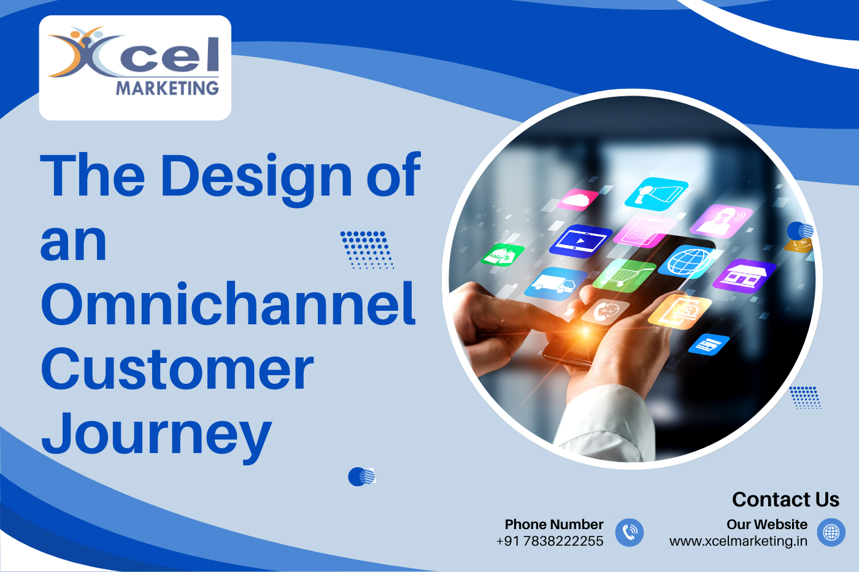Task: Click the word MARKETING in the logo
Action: (x=167, y=88)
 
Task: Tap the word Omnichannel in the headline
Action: (x=228, y=305)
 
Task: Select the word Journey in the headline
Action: (x=156, y=435)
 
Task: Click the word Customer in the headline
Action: (x=177, y=370)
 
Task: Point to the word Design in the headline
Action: (x=256, y=176)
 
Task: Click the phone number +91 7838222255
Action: (x=550, y=541)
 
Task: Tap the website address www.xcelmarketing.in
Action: (x=738, y=541)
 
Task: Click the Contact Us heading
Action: (x=785, y=500)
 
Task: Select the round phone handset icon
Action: (x=630, y=532)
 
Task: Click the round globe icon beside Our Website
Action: (x=831, y=532)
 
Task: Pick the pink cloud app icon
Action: (x=577, y=200)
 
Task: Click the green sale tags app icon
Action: (x=503, y=254)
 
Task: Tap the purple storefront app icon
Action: (x=744, y=275)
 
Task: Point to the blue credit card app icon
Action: (x=709, y=345)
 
